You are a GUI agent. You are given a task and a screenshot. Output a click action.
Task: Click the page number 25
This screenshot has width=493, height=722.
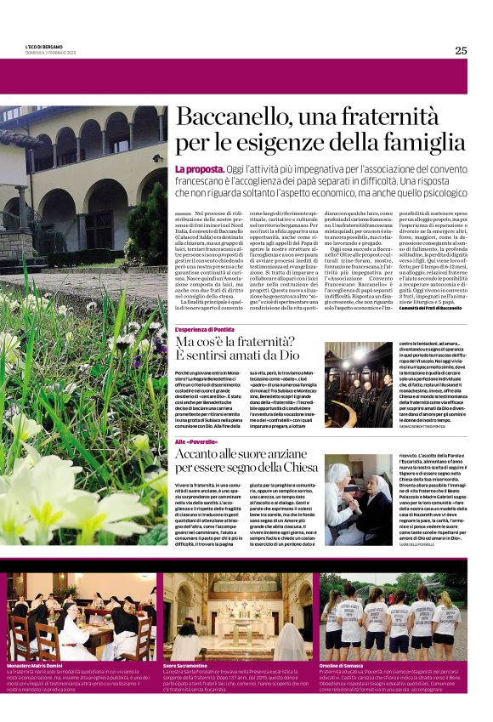[461, 50]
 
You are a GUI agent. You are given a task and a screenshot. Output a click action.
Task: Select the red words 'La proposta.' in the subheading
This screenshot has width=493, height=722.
[201, 170]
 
